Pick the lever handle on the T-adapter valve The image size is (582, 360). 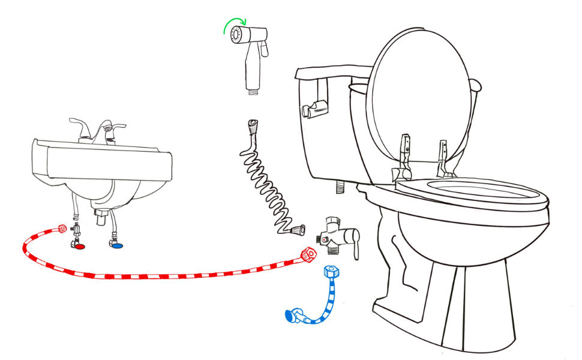355,247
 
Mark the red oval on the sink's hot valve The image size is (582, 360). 79,246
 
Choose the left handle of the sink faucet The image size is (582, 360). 79,125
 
